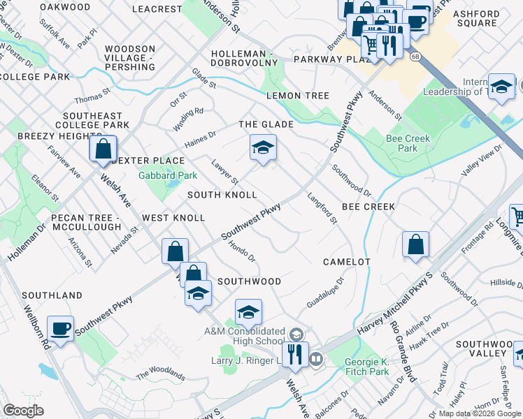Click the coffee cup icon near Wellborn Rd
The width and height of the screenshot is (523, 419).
coord(61,328)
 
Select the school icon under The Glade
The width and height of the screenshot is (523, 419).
coord(263,148)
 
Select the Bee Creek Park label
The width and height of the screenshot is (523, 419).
coord(408,143)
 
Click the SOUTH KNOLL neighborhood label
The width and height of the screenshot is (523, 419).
coord(222,194)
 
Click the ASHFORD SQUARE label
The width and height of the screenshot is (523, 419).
coord(475,18)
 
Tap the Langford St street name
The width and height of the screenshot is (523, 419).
coord(322,209)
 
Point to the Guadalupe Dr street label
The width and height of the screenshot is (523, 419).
coord(327,293)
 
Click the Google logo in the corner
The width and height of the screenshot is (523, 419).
coord(24,411)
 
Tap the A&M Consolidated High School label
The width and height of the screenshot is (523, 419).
coord(245,336)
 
